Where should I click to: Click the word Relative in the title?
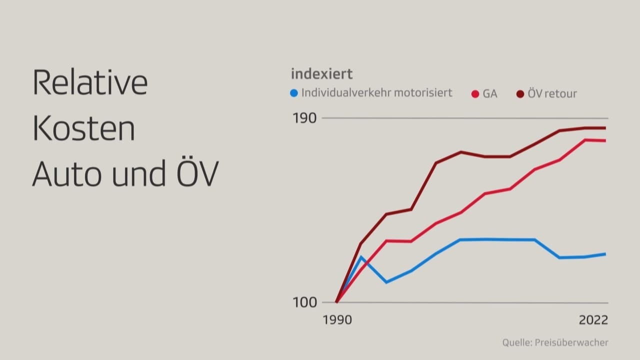(90, 83)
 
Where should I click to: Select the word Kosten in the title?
(84, 128)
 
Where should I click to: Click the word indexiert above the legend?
(321, 74)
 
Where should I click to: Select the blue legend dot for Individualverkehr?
(294, 93)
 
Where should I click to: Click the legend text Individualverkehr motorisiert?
(376, 93)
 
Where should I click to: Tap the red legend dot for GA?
(475, 93)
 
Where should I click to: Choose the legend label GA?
(490, 93)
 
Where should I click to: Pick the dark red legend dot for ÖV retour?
(520, 93)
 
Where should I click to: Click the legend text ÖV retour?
(552, 93)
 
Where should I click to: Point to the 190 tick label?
(305, 118)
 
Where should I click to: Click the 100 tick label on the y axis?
(305, 302)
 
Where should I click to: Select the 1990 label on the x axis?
(337, 320)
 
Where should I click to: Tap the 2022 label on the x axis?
(593, 320)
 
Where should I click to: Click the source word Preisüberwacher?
(571, 342)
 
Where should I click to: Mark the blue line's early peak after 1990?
(361, 257)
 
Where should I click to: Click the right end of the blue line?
(605, 254)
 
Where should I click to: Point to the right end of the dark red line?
(605, 128)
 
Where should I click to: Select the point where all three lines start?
(336, 302)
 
